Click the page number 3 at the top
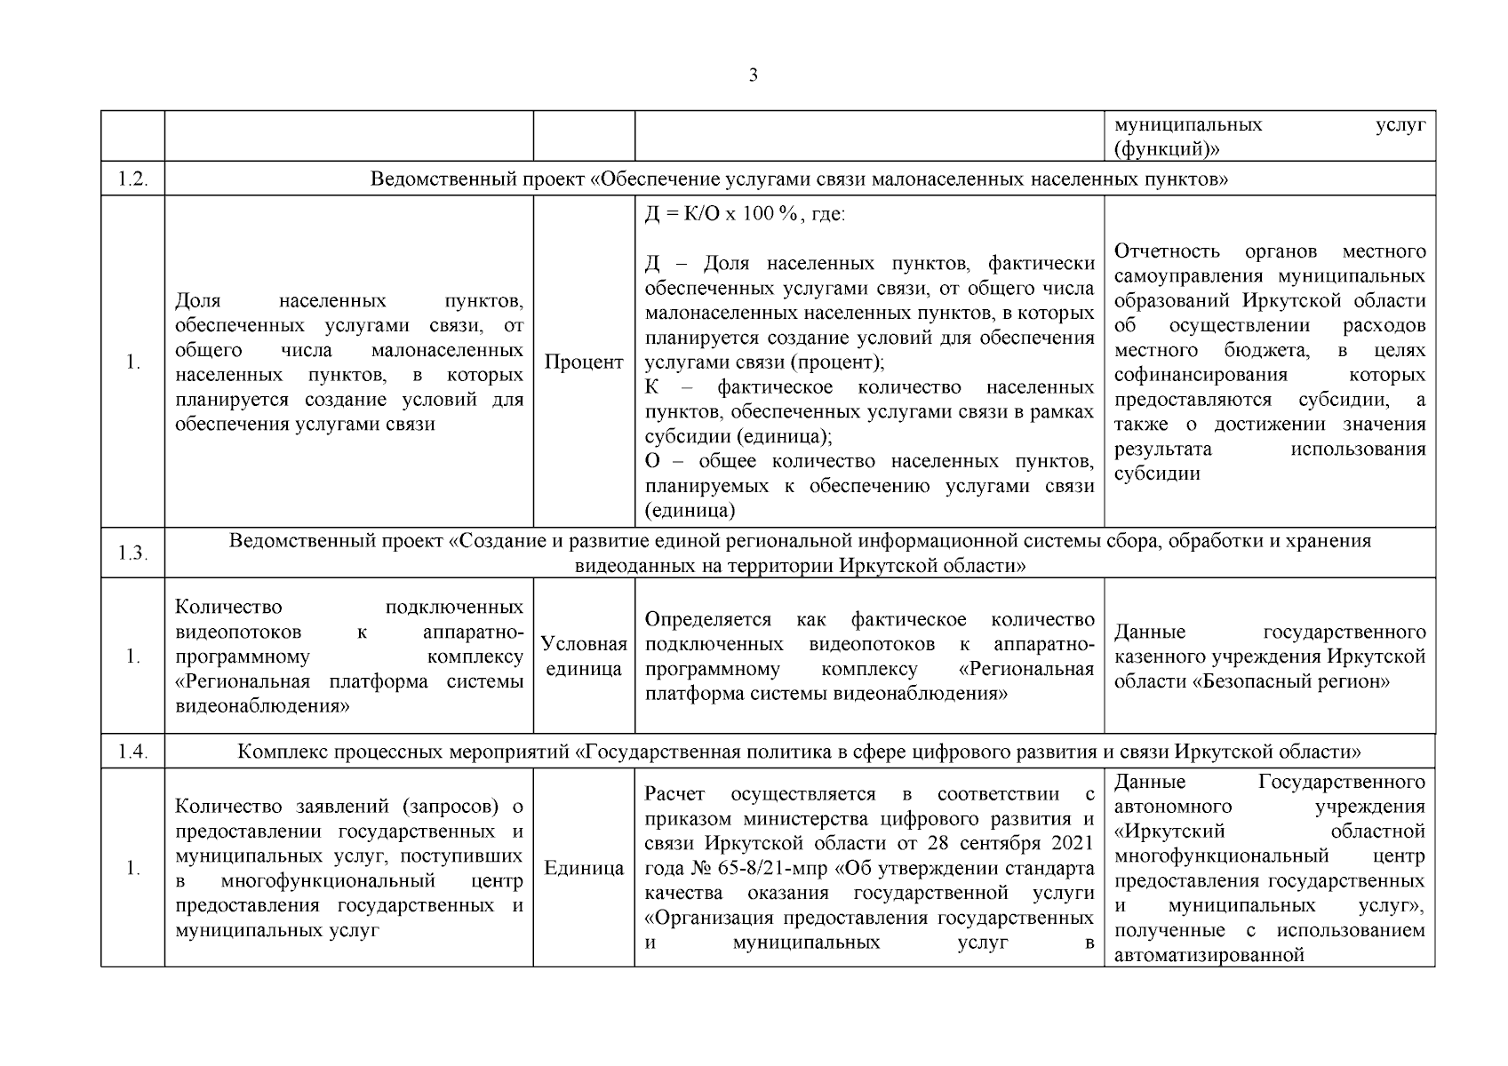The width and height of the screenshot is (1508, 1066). tap(754, 76)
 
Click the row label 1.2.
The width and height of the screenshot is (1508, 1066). tap(132, 179)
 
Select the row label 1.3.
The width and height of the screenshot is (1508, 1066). tap(132, 553)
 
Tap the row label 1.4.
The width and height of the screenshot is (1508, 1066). tap(132, 752)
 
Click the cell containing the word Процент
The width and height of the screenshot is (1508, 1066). tap(584, 362)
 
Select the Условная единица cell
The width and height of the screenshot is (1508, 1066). tap(584, 656)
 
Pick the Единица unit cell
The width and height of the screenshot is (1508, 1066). tap(584, 868)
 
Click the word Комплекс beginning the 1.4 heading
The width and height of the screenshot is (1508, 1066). tap(283, 752)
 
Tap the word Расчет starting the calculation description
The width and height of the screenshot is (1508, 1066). tap(674, 793)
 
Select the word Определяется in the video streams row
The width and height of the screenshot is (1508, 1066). tap(707, 619)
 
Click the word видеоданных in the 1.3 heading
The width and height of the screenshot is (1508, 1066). tap(627, 566)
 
